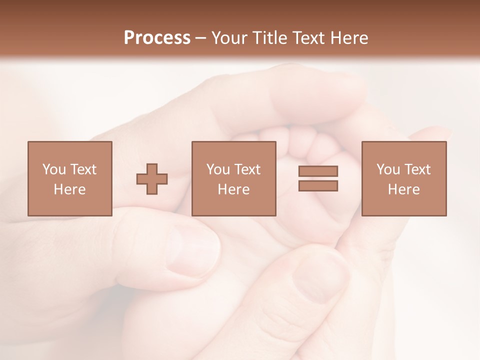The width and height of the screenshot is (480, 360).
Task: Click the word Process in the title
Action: tap(157, 38)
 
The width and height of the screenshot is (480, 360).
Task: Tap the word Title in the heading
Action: tap(269, 38)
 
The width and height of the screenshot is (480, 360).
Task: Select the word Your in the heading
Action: tap(229, 38)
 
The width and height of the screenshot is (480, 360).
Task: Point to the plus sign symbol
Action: tap(152, 179)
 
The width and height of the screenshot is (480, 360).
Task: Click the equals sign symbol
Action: tap(318, 178)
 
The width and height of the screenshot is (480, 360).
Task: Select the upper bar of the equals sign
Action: tap(318, 171)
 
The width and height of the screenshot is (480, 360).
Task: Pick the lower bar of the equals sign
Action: tap(318, 185)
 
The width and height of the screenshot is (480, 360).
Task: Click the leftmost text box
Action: tap(70, 178)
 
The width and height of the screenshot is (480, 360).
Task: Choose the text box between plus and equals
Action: tap(234, 178)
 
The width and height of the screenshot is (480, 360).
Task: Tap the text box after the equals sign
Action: tap(404, 178)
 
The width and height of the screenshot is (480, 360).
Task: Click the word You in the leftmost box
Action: tap(54, 169)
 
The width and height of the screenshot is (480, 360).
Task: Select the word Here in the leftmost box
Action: tap(70, 189)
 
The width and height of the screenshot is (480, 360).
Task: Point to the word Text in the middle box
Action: tap(247, 169)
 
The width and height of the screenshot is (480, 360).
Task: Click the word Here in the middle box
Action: tap(234, 189)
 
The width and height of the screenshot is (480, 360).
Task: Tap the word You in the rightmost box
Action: tap(388, 169)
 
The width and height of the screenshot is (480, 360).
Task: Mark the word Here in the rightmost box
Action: tap(404, 189)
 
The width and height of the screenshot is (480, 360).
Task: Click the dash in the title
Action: tap(201, 38)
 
